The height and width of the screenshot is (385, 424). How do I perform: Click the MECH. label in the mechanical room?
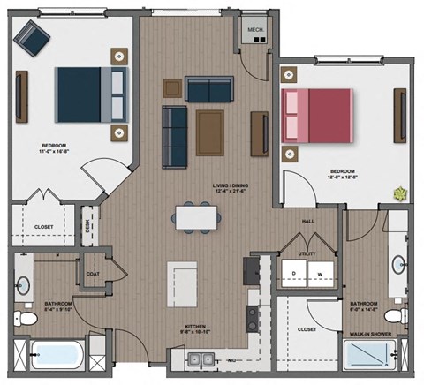pyautogui.click(x=255, y=28)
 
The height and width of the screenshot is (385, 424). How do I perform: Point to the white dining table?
pyautogui.click(x=195, y=216)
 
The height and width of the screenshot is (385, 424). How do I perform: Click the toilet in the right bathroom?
pyautogui.click(x=404, y=313)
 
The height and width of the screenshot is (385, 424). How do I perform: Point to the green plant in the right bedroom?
pyautogui.click(x=401, y=192)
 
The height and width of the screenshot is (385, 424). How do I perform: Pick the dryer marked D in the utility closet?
pyautogui.click(x=293, y=273)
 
